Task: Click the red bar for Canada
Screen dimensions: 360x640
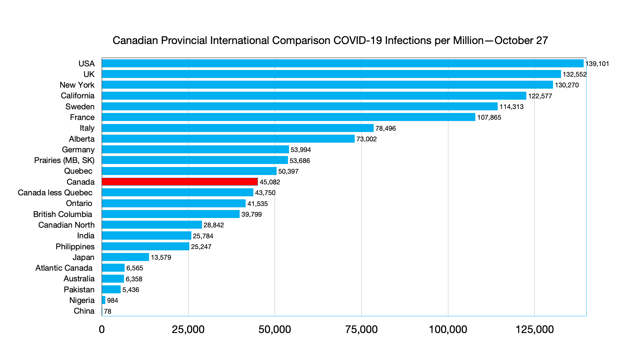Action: [x=180, y=182]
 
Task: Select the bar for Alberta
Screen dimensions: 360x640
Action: [x=228, y=139]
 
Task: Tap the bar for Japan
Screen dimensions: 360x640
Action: [x=125, y=257]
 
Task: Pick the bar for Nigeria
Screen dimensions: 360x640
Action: [x=104, y=300]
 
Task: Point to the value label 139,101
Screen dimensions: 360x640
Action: [x=597, y=64]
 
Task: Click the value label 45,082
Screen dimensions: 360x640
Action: [x=270, y=182]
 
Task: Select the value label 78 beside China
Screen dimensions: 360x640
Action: [x=108, y=311]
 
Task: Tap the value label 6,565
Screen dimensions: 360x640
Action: [x=135, y=268]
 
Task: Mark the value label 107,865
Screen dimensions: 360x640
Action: [x=489, y=117]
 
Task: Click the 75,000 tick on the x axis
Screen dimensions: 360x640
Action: [x=361, y=330]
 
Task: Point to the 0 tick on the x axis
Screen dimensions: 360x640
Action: [x=102, y=330]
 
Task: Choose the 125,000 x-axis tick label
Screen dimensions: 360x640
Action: [x=534, y=330]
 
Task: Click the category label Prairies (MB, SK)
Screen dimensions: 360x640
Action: [x=64, y=160]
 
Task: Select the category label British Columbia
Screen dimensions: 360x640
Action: [x=63, y=214]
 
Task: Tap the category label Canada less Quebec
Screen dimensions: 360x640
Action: [x=55, y=193]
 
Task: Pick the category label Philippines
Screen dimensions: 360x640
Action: [x=75, y=247]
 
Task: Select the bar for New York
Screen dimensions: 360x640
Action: [x=327, y=85]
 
